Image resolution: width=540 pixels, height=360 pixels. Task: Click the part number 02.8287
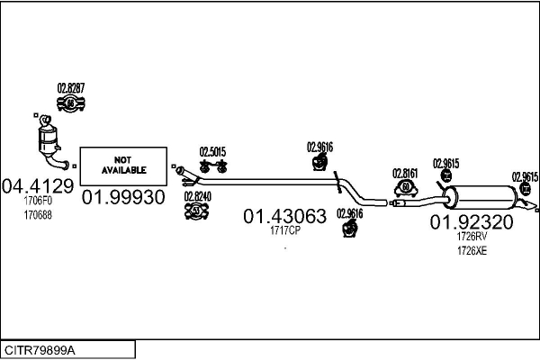coord(71,87)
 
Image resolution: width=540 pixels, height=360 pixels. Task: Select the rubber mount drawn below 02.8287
coord(71,105)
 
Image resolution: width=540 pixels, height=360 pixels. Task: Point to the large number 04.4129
coord(38,187)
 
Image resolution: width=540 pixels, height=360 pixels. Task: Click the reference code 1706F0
coord(38,202)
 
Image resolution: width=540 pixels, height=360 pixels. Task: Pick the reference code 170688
coord(38,216)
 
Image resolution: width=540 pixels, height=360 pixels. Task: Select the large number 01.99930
coord(123,197)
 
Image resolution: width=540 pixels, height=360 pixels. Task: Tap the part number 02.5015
coord(212,151)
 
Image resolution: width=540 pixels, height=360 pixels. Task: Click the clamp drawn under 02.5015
coord(214,166)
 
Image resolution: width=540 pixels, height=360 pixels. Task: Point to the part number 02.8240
coord(198,196)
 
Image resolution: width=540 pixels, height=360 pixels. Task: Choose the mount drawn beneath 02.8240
coord(198,211)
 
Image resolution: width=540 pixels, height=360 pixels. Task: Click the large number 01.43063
coord(284,216)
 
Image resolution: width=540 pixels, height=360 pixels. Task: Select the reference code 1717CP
coord(285,230)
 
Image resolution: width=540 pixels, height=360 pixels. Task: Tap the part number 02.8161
coord(406,173)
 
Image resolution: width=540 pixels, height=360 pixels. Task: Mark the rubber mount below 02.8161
coord(406,187)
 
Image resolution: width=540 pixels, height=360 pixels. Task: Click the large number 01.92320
coord(471,221)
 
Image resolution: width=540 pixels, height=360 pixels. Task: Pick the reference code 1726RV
coord(471,236)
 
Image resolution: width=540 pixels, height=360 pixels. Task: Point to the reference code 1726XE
coord(471,250)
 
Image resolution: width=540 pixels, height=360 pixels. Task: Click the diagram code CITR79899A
coord(40,349)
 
